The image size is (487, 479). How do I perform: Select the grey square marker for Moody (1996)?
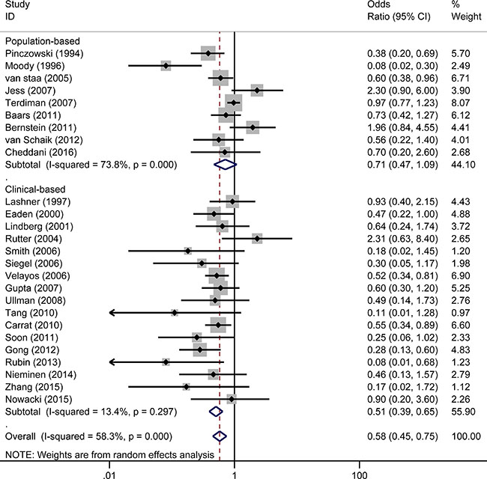click(x=166, y=66)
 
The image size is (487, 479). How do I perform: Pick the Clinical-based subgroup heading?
click(x=36, y=188)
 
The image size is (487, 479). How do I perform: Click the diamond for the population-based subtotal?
click(x=223, y=164)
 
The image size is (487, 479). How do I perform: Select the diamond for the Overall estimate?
click(x=220, y=435)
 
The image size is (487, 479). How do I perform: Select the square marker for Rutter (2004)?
click(x=257, y=239)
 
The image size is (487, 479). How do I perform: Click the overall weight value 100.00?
click(x=468, y=435)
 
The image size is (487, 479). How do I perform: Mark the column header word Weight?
click(x=467, y=18)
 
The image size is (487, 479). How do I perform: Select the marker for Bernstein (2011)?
click(x=252, y=127)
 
